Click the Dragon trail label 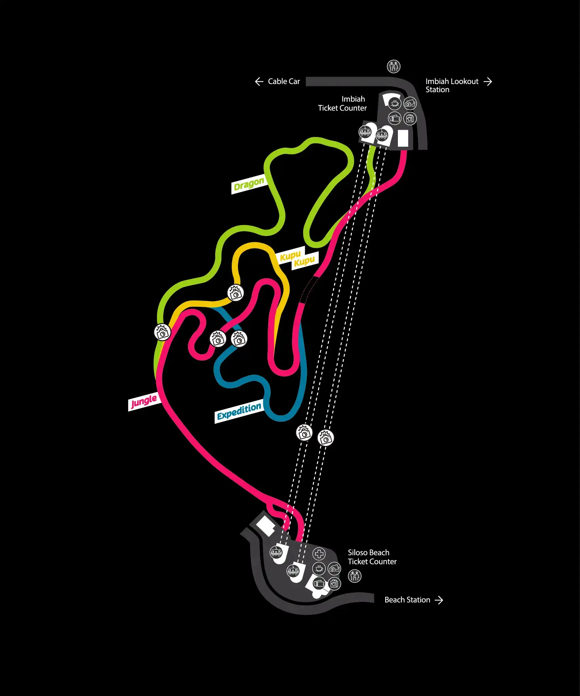[248, 185]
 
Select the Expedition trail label [239, 412]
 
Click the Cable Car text [284, 82]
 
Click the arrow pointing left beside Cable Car [259, 82]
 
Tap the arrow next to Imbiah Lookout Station [488, 82]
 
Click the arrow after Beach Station [439, 600]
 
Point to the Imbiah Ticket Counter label [342, 104]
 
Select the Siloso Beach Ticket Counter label [372, 557]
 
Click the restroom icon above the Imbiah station [393, 67]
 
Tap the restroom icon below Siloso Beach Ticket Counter [354, 576]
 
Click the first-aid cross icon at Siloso [319, 554]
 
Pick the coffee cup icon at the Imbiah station [394, 103]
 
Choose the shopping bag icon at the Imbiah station [410, 119]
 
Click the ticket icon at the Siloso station [319, 584]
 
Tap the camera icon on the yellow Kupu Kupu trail [235, 293]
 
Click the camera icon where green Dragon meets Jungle [162, 332]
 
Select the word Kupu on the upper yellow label [290, 256]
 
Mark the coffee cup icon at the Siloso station [319, 568]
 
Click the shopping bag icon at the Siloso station [334, 584]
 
